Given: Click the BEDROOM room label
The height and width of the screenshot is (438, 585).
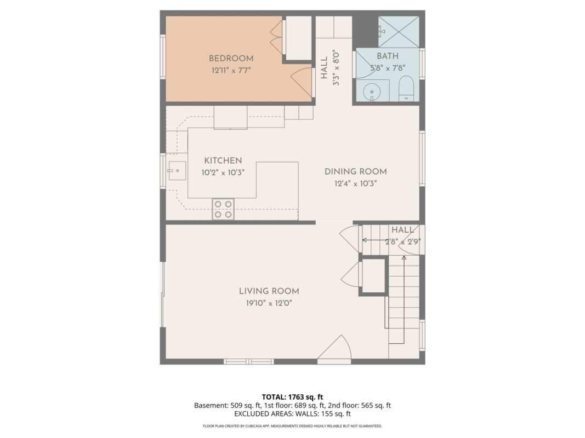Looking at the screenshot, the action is [x=231, y=59].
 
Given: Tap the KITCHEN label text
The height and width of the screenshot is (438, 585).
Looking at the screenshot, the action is [x=223, y=160].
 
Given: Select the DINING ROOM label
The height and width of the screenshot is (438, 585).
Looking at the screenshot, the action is [x=356, y=172].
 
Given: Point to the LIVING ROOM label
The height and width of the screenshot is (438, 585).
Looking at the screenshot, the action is [x=269, y=291].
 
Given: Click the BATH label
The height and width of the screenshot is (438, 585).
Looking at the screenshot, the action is [x=388, y=56].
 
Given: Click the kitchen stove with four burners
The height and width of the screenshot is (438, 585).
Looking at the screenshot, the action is [x=223, y=209].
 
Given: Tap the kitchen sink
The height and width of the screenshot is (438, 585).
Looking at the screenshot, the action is [x=177, y=171].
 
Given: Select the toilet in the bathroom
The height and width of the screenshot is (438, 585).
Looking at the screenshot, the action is [x=406, y=89].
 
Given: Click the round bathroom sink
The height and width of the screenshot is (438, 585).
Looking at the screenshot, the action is [x=372, y=91].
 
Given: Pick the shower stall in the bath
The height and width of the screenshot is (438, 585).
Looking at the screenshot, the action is [x=399, y=32].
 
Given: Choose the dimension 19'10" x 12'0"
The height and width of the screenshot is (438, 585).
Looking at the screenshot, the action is [x=269, y=303].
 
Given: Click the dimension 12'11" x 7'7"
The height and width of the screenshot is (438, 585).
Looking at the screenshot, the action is [x=231, y=71].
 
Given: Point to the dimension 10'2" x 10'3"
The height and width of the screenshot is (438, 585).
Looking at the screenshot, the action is [x=223, y=172].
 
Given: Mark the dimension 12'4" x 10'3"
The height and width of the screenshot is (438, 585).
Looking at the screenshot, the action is [x=356, y=183].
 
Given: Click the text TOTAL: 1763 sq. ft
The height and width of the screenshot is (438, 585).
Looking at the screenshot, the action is [x=293, y=397].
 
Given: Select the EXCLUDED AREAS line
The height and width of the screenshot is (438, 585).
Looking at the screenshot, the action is [x=293, y=413].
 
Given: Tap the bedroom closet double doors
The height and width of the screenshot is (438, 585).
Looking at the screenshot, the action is [x=277, y=37].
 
